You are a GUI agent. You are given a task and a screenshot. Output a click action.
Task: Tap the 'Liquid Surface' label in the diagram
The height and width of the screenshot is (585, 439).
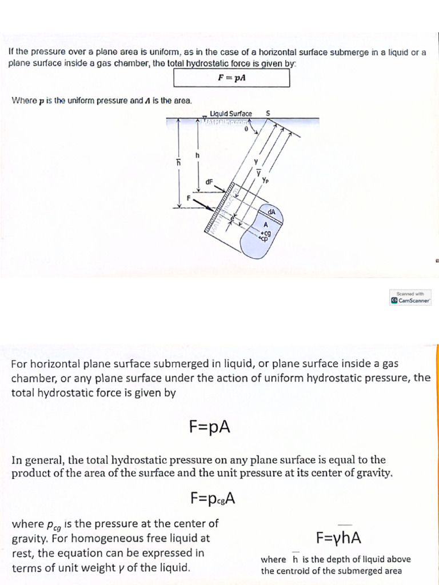tap(230, 114)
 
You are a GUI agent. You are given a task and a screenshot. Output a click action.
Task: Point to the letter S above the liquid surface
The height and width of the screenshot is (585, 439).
tap(268, 113)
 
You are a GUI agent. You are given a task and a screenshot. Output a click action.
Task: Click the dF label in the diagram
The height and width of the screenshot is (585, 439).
tap(209, 182)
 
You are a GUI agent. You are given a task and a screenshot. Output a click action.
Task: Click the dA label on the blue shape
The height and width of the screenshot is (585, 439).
tap(273, 211)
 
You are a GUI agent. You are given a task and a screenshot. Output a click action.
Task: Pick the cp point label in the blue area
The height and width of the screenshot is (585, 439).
tap(264, 239)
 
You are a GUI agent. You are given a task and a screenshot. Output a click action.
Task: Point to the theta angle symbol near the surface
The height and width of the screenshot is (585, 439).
tap(246, 129)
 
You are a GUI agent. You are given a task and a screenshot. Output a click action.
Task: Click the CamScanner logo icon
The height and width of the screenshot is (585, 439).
tap(394, 300)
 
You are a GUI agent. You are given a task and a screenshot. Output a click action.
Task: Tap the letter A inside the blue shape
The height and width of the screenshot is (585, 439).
tap(265, 225)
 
